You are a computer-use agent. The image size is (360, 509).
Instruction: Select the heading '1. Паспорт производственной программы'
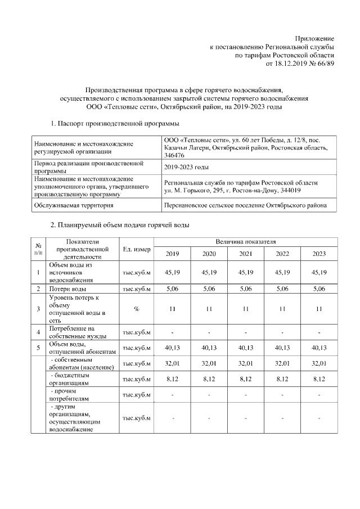click(x=115, y=123)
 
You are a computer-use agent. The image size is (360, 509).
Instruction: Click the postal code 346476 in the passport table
click(x=174, y=155)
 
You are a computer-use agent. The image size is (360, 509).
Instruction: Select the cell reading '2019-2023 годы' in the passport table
click(x=186, y=167)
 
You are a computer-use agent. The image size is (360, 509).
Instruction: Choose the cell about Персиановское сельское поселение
click(x=245, y=206)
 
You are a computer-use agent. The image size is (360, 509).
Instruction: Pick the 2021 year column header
click(x=246, y=254)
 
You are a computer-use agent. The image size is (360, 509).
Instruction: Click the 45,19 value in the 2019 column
click(x=172, y=273)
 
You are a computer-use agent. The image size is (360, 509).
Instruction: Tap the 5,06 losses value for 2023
click(x=319, y=290)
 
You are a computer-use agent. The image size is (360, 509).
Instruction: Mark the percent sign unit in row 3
click(x=136, y=309)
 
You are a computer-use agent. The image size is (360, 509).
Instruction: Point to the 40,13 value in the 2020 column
click(x=209, y=348)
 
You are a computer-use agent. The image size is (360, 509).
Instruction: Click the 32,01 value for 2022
click(x=282, y=363)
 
